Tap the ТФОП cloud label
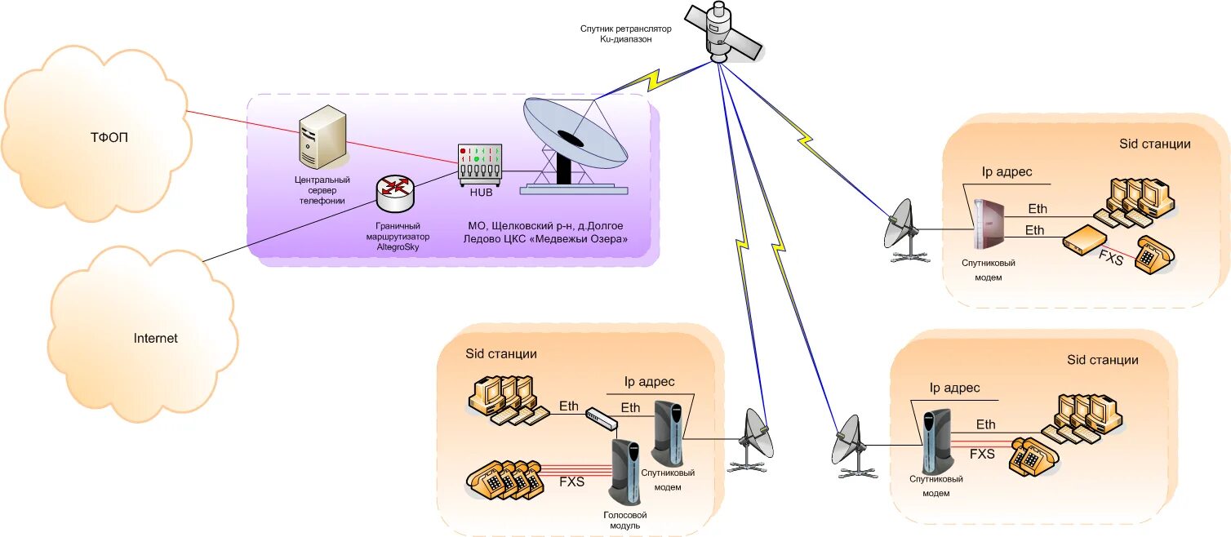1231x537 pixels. [x=109, y=137]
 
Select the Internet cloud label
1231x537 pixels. [x=155, y=338]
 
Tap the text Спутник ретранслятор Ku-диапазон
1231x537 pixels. [x=625, y=33]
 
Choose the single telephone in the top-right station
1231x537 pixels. [x=1154, y=255]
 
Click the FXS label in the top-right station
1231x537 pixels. [x=1111, y=260]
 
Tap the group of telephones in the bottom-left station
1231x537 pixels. [x=504, y=481]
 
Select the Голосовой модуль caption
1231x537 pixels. [x=625, y=520]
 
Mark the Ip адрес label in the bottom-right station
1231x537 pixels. [x=954, y=388]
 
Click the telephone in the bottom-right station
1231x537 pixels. [x=1033, y=456]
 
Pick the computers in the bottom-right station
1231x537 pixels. [x=1090, y=417]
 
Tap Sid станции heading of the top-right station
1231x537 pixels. [x=1154, y=144]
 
